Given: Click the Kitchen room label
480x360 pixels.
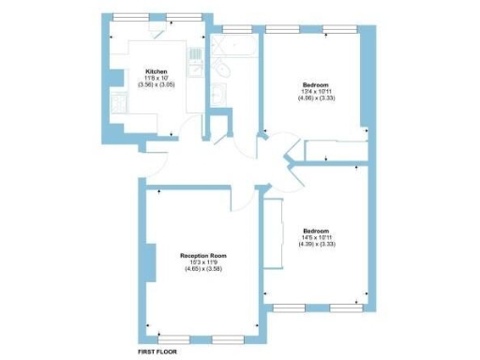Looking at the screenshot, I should point(156,71).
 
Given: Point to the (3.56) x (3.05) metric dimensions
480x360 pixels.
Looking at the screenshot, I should point(156,85).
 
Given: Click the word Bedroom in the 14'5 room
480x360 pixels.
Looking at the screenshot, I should point(316,231).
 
